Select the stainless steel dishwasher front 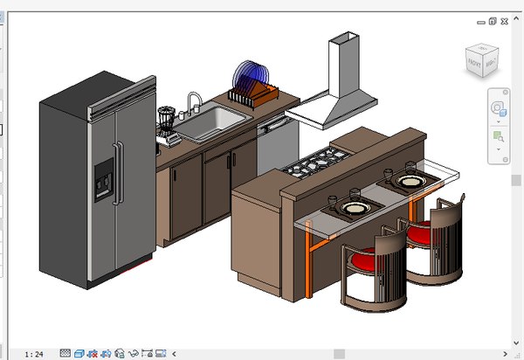[x=277, y=149]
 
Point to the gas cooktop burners [x=315, y=163]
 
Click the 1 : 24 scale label [x=35, y=354]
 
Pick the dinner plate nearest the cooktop [x=355, y=208]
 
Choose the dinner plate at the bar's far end [x=408, y=181]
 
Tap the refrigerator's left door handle [x=113, y=175]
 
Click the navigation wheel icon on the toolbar [x=499, y=108]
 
